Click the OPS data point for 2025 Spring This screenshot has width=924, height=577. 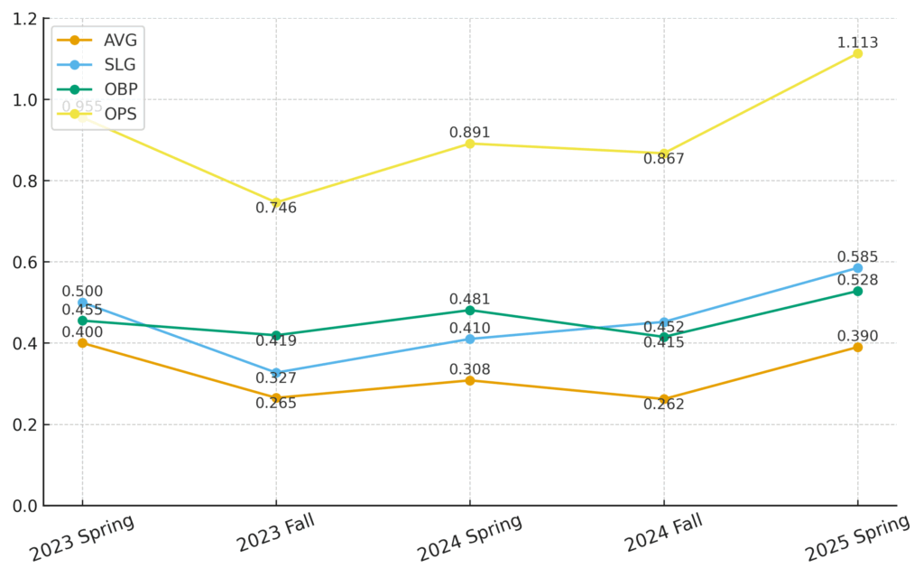[x=857, y=53]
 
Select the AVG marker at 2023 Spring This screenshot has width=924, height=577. [x=82, y=343]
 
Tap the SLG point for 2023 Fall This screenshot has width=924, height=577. [x=276, y=373]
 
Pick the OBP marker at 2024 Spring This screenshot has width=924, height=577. [x=470, y=310]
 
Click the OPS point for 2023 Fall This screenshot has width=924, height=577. [x=276, y=202]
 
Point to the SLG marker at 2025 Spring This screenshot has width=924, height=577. [x=857, y=268]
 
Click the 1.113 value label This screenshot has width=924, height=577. [x=857, y=42]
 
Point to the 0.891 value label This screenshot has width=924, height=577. [x=470, y=133]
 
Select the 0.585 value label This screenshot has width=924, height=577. [x=857, y=256]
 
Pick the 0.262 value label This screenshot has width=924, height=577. [x=664, y=404]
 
